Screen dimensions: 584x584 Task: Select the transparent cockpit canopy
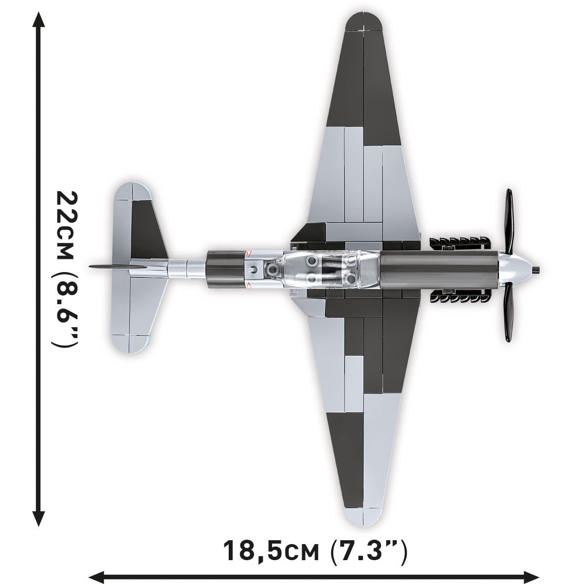point(331,269)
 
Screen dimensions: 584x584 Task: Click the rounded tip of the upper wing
point(364,21)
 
